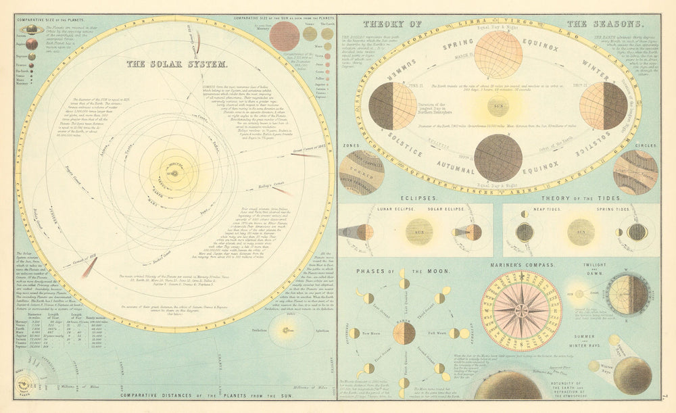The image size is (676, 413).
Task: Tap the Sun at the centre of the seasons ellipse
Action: [497, 106]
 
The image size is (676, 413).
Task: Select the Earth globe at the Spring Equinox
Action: [498, 55]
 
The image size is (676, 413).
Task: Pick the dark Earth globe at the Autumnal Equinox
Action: [498, 157]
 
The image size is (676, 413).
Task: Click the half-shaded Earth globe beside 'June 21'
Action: [393, 106]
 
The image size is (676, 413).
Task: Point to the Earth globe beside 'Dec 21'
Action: [603, 106]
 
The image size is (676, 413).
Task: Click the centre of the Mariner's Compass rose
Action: [521, 310]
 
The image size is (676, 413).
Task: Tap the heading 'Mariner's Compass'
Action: [520, 264]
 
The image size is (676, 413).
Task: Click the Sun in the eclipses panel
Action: [419, 232]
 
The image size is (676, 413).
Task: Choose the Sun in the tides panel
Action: [581, 232]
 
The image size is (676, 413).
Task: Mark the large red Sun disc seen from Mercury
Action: [284, 36]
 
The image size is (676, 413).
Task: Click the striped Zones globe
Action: [362, 172]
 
